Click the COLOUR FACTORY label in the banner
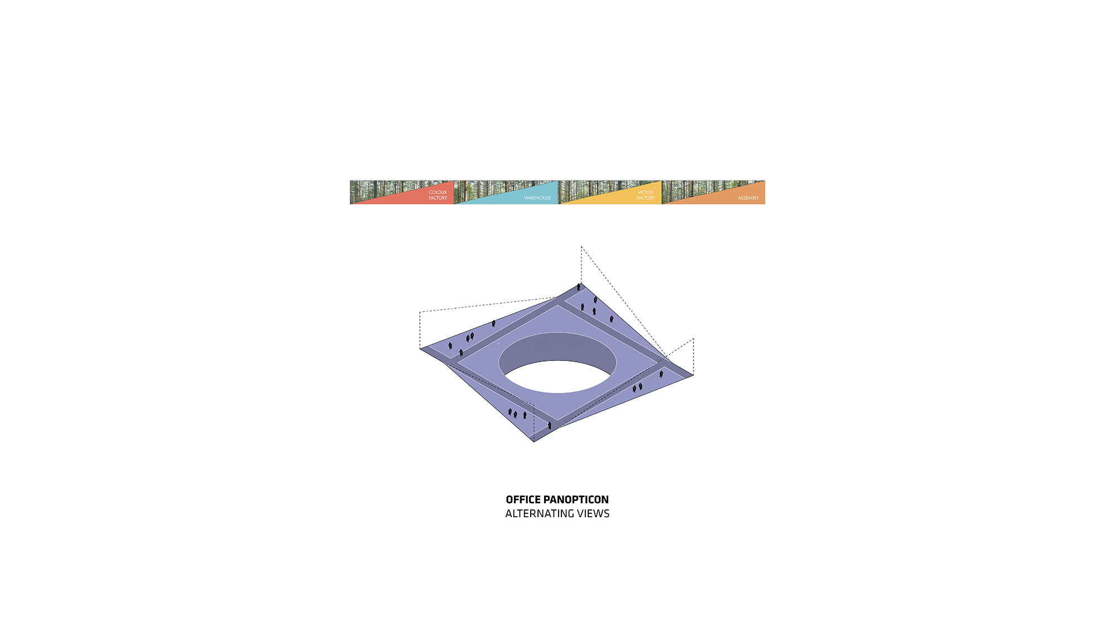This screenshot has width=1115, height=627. pyautogui.click(x=438, y=195)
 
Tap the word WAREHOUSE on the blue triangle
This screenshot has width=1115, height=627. pyautogui.click(x=537, y=198)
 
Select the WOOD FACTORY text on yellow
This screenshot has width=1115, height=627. pyautogui.click(x=646, y=195)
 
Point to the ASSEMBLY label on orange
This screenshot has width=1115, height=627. pyautogui.click(x=748, y=198)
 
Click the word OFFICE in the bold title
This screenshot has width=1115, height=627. pyautogui.click(x=523, y=500)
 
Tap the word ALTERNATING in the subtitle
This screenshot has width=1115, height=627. pyautogui.click(x=540, y=514)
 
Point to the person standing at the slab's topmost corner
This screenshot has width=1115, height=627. pyautogui.click(x=579, y=287)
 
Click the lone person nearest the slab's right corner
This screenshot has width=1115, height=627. pyautogui.click(x=661, y=374)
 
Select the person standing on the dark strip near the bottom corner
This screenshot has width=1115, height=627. pyautogui.click(x=550, y=425)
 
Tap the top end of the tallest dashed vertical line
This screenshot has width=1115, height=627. pyautogui.click(x=581, y=246)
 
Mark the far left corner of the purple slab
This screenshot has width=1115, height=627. pyautogui.click(x=420, y=349)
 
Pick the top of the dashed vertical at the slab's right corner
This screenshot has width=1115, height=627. pyautogui.click(x=693, y=339)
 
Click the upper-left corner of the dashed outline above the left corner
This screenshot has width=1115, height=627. pyautogui.click(x=420, y=312)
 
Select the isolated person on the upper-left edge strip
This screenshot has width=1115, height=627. pyautogui.click(x=493, y=323)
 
